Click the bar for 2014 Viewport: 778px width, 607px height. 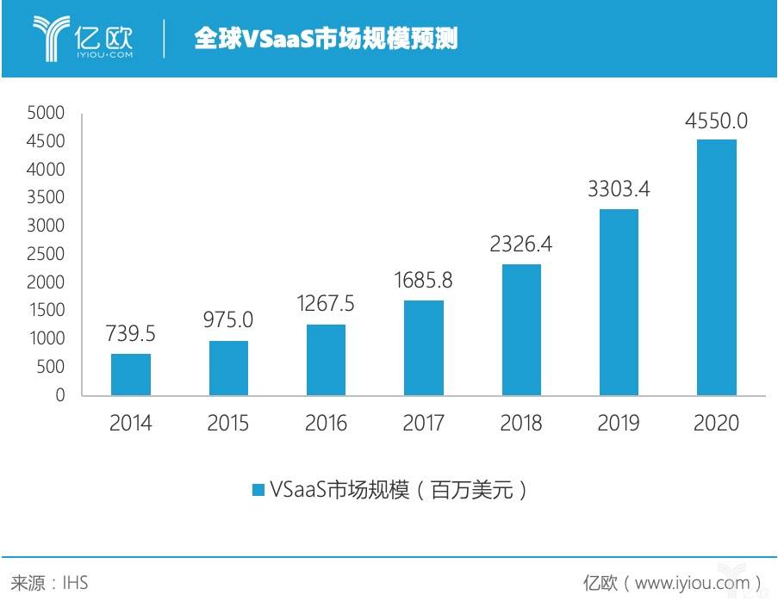click(x=131, y=375)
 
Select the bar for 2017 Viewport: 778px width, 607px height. click(x=423, y=348)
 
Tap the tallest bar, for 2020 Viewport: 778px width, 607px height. click(x=716, y=267)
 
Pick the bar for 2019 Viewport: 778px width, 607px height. click(x=619, y=302)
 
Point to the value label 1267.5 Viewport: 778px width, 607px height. click(x=326, y=305)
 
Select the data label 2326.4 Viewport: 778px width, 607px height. click(x=520, y=245)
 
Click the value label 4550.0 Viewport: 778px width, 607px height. click(x=716, y=121)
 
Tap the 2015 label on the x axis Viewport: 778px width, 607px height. click(x=228, y=423)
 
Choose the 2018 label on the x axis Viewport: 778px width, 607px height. click(x=520, y=423)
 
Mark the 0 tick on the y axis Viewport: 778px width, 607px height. click(x=59, y=395)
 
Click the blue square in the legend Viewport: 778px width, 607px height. click(x=258, y=490)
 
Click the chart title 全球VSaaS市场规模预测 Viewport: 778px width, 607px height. click(x=325, y=40)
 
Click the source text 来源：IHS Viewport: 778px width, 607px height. click(x=49, y=583)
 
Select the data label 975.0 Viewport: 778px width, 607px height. click(x=228, y=321)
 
